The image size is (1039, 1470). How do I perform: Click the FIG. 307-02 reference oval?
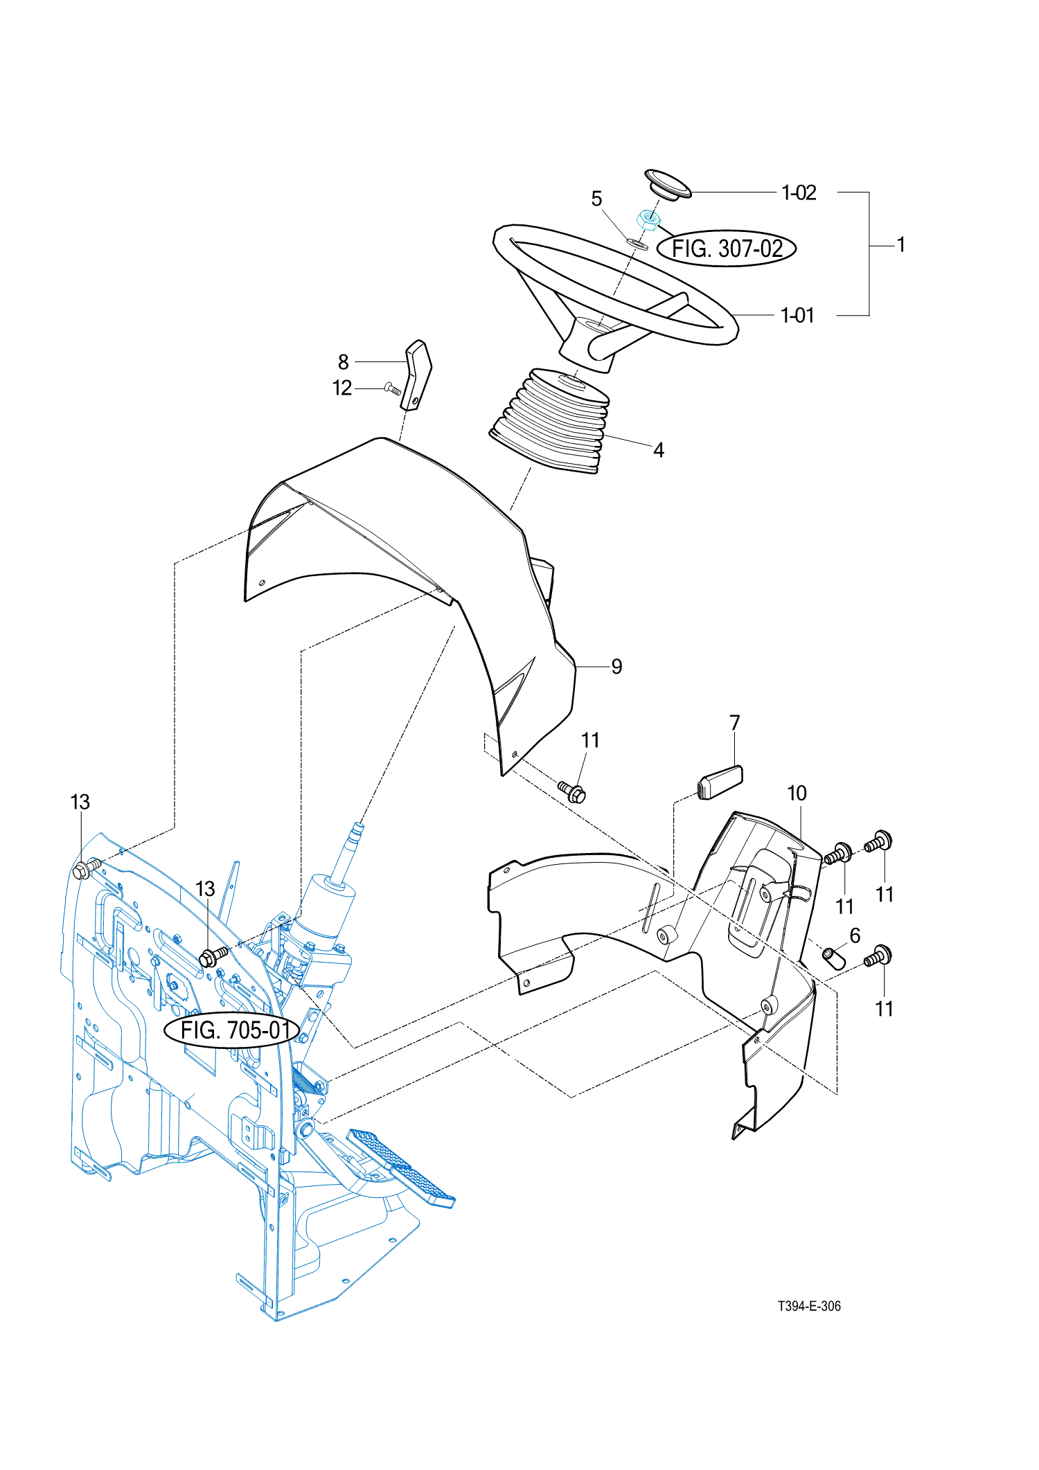pos(727,249)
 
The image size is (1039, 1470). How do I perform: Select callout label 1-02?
pos(799,192)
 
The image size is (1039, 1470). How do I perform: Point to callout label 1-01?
pos(797,316)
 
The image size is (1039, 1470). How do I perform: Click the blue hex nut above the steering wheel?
pos(648,220)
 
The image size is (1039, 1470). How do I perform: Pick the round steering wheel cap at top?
pos(668,183)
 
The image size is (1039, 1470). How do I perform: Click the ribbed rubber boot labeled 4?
pos(551,420)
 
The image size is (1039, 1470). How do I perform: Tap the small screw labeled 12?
pos(393,389)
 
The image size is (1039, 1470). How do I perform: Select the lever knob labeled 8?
pos(418,375)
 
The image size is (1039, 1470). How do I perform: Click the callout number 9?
pos(616,667)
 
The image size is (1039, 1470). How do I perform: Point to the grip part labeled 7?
pos(720,782)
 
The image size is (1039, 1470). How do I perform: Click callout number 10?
pos(797,794)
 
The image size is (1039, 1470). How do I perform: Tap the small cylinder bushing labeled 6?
pos(834,959)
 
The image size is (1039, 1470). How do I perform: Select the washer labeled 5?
pos(637,243)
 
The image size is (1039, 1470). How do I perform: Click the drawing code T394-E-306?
pos(809,1306)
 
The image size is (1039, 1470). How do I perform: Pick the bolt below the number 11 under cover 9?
pos(572,791)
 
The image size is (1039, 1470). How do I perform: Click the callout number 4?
pos(659,451)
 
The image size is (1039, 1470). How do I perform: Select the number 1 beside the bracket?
pos(901,245)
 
